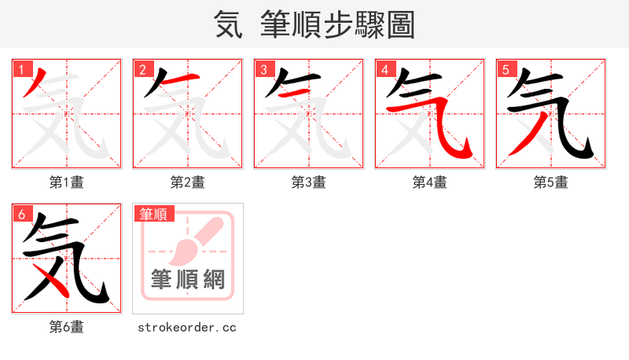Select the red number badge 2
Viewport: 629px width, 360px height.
point(142,69)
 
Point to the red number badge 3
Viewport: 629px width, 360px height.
point(263,69)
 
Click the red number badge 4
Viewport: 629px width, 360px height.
point(384,69)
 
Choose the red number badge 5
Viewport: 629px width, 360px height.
point(506,69)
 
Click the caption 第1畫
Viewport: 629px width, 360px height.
point(67,182)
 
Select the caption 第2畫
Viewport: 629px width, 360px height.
point(187,182)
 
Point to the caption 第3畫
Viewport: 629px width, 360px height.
point(308,182)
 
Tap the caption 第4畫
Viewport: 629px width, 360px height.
point(429,182)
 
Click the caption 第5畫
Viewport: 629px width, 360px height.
point(550,182)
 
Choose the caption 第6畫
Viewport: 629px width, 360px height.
point(67,327)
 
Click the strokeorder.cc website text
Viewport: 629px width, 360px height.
point(187,327)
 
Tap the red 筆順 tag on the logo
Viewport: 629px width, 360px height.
point(153,214)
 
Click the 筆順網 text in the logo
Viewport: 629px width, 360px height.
point(188,281)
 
